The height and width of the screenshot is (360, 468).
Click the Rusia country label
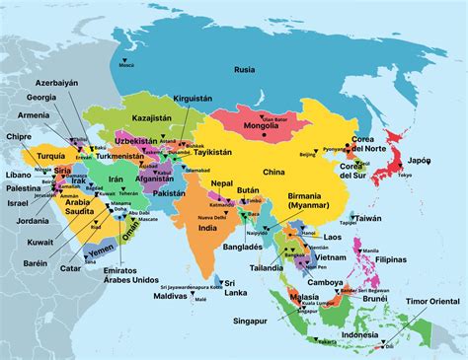pos(244,69)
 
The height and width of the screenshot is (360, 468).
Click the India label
pos(207,229)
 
